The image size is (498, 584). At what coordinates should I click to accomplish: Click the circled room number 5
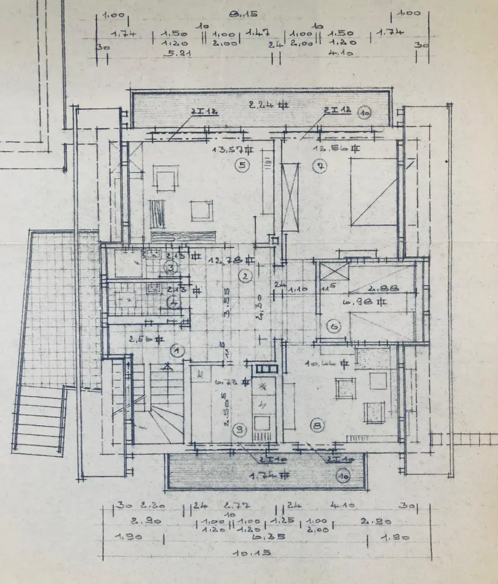click(242, 165)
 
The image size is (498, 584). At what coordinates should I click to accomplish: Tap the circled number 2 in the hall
click(246, 274)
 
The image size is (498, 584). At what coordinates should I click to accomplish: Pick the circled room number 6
click(335, 326)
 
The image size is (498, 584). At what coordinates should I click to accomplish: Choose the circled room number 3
click(171, 267)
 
